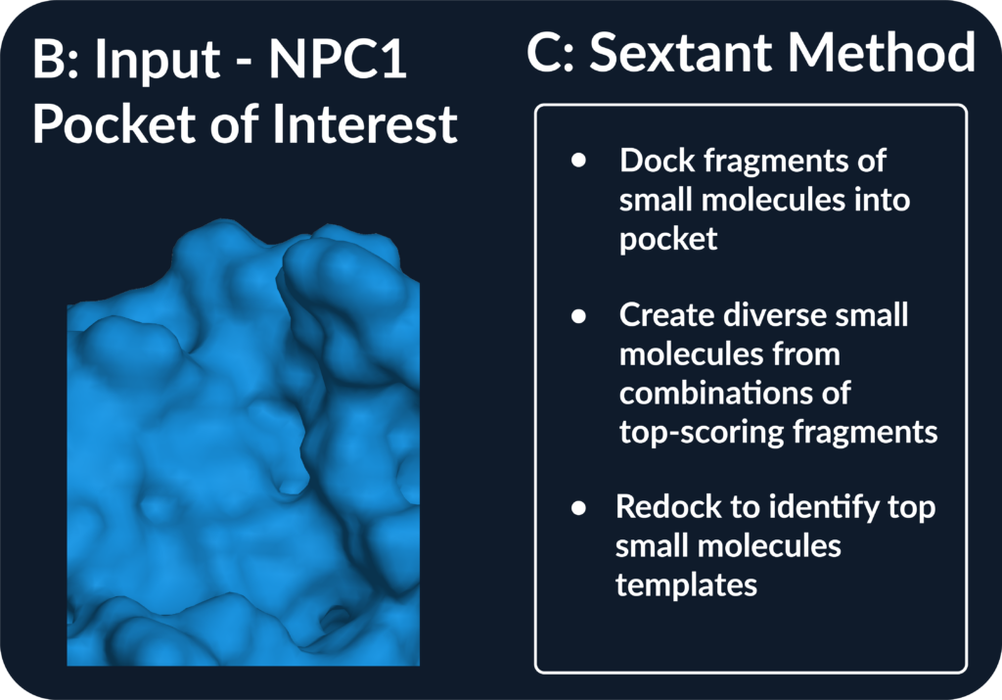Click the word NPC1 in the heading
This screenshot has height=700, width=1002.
point(338,60)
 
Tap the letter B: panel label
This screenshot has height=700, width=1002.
point(56,60)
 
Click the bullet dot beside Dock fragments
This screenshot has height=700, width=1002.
point(578,160)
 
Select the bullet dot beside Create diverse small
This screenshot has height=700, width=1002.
point(578,315)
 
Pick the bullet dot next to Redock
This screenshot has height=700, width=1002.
point(578,507)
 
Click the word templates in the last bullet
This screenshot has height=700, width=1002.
point(686,584)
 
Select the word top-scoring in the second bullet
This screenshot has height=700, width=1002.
point(701,433)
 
